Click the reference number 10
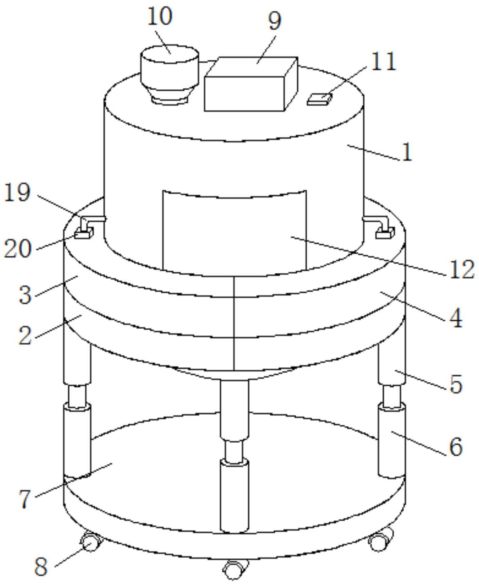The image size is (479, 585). (x=160, y=16)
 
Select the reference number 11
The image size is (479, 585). (x=383, y=61)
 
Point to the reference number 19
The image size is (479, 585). (x=17, y=192)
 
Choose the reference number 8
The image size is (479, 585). (x=41, y=566)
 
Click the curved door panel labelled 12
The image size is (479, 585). (x=235, y=231)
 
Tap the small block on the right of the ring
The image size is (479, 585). (x=385, y=234)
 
